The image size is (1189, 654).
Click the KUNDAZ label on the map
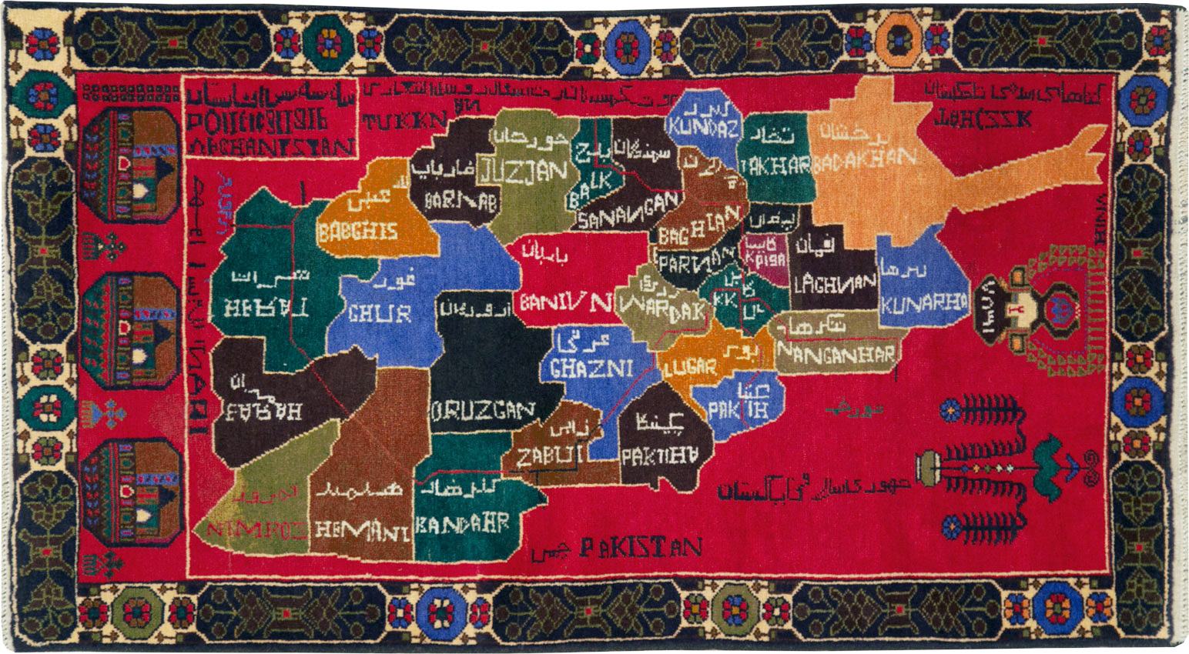click(x=703, y=128)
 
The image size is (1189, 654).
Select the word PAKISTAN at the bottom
click(x=640, y=548)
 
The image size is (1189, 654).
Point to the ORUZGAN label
click(x=483, y=412)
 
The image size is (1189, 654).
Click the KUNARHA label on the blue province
click(x=923, y=304)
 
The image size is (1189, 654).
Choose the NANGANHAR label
click(x=837, y=355)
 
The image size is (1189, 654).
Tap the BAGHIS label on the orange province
click(x=358, y=232)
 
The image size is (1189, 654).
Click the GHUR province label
click(x=380, y=313)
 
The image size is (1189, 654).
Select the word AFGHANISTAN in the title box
click(x=270, y=145)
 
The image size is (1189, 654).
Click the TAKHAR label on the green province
click(x=775, y=165)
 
